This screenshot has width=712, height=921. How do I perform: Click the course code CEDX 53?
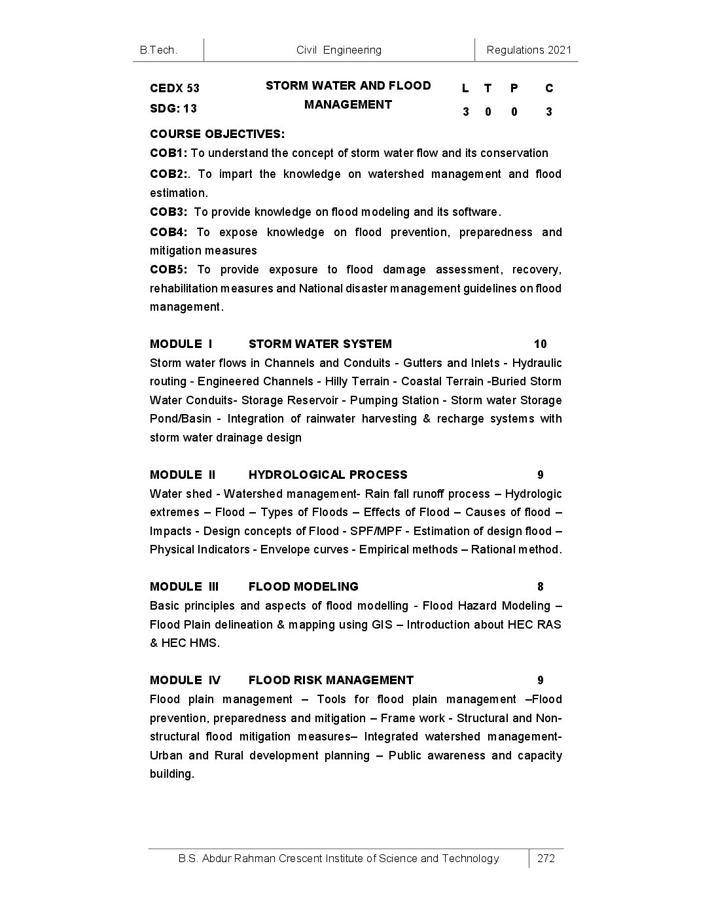pos(174,88)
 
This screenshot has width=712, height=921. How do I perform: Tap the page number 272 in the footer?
pos(546,858)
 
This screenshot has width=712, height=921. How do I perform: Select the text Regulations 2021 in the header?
pos(529,50)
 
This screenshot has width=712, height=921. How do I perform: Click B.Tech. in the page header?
pos(158,50)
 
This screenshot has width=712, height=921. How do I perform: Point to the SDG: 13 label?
pos(173,109)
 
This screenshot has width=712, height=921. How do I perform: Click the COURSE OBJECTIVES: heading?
pos(217,134)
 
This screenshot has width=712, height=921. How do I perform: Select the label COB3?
pos(169,212)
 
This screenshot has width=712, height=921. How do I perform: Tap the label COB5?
pos(169,269)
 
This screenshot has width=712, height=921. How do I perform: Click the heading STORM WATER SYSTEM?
pos(320,344)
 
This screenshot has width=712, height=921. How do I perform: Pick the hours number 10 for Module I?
pos(540,344)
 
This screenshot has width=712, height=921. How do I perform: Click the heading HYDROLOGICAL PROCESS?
pos(328,475)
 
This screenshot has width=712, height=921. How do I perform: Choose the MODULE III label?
pos(184,587)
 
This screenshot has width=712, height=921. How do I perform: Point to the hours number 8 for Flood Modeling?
pos(541,587)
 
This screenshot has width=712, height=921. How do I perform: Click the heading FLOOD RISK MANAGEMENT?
pos(331,680)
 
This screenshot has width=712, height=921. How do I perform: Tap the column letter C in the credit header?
pos(549,88)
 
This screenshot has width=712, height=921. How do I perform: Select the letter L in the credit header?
pos(465,88)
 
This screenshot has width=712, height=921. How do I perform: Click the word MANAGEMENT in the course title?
pos(348,105)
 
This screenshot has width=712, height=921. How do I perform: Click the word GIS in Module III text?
pos(382,625)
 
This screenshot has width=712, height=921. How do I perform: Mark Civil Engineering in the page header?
pos(339,50)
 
